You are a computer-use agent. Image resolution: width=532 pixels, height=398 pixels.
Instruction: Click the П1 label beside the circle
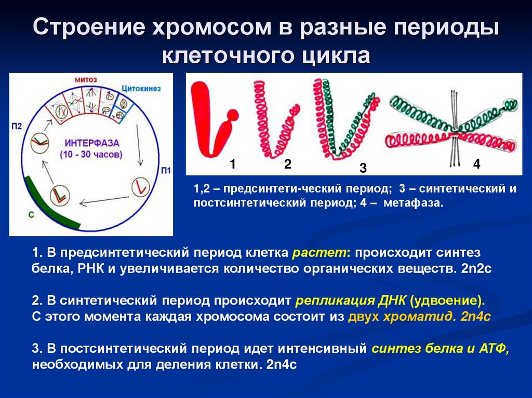pos(165,170)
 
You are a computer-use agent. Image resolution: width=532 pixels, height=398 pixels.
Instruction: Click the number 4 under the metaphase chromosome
pos(477,164)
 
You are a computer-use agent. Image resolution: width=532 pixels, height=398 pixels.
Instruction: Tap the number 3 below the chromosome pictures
pos(363,168)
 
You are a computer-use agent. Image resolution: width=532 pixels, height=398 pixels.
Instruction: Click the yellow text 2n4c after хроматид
pos(475,317)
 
